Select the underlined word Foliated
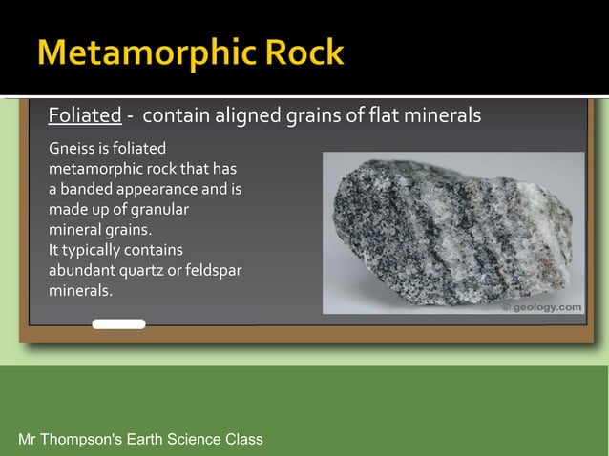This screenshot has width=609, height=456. tap(85, 116)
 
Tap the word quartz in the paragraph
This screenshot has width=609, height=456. tap(142, 270)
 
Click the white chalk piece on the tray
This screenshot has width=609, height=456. tap(118, 324)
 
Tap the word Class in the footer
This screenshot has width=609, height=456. tap(243, 439)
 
